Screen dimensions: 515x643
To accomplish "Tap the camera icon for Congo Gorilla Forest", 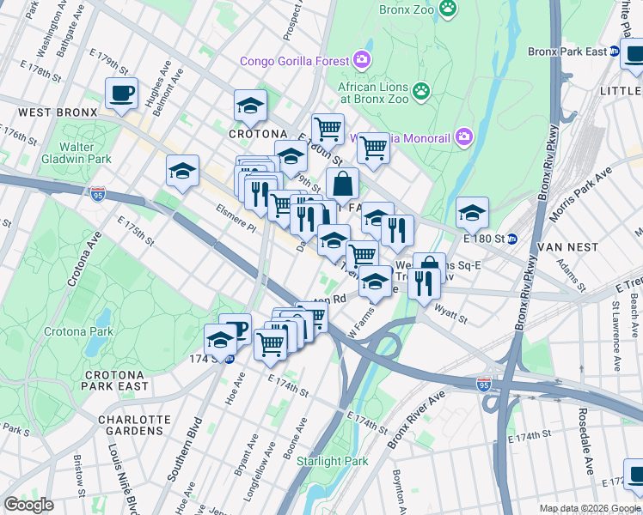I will pyautogui.click(x=363, y=60).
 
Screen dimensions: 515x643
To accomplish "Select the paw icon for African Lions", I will pyautogui.click(x=420, y=90).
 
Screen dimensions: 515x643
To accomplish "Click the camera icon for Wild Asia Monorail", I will pyautogui.click(x=464, y=136).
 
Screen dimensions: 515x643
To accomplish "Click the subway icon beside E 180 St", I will pyautogui.click(x=512, y=239).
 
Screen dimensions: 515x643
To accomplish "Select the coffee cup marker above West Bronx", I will pyautogui.click(x=121, y=93).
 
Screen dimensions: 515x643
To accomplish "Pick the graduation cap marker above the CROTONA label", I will pyautogui.click(x=250, y=106).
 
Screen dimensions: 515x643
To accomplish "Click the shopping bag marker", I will pyautogui.click(x=342, y=183).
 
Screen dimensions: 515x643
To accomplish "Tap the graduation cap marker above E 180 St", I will pyautogui.click(x=472, y=212).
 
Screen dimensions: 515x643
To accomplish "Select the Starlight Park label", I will pyautogui.click(x=332, y=461).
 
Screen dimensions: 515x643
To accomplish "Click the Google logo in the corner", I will pyautogui.click(x=28, y=505).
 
